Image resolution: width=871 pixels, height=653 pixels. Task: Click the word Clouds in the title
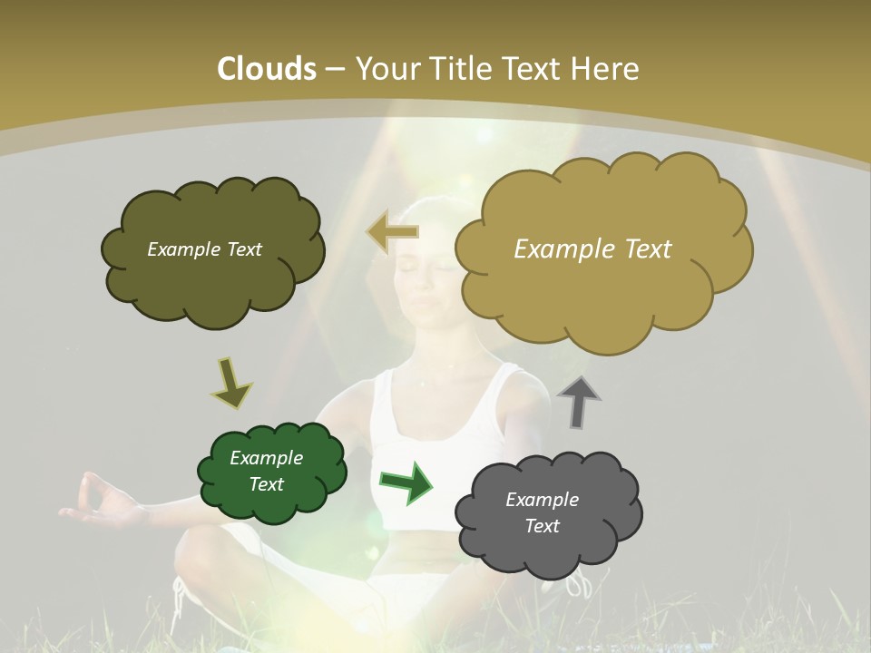tap(268, 69)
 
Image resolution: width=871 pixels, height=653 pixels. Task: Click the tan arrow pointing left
tap(392, 231)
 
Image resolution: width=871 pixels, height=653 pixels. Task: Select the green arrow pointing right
tap(406, 482)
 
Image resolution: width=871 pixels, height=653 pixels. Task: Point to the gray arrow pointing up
tap(579, 401)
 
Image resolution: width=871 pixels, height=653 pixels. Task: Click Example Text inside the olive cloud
tap(204, 249)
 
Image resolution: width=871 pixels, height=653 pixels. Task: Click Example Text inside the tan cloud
tap(592, 249)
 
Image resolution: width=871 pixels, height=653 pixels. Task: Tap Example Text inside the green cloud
tap(267, 471)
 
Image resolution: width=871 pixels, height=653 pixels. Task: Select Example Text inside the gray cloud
tap(542, 512)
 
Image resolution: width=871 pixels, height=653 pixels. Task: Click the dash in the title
tap(334, 70)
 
